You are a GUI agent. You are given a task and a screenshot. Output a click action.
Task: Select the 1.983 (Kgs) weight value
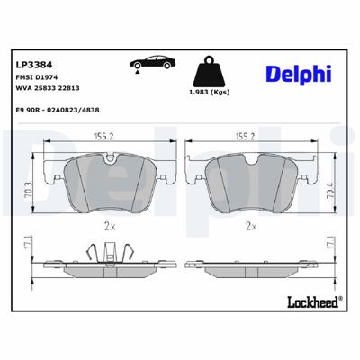[x=210, y=94]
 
